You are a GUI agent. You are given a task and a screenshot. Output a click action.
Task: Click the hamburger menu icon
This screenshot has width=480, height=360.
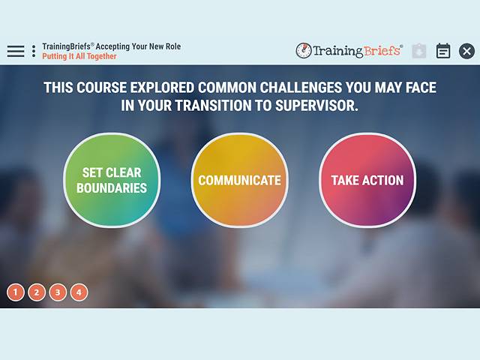(16, 51)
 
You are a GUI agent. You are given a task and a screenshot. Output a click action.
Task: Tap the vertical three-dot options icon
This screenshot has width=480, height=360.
(34, 51)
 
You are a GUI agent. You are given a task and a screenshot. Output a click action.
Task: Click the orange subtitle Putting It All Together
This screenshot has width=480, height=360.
(79, 57)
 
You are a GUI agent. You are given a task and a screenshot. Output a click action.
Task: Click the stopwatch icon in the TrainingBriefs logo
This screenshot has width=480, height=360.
(304, 51)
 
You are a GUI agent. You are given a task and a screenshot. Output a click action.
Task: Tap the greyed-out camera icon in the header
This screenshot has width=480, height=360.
(419, 51)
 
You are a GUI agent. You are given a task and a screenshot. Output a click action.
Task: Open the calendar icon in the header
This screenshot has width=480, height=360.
(443, 51)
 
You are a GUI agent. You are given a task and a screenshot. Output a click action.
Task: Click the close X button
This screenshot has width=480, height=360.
(466, 51)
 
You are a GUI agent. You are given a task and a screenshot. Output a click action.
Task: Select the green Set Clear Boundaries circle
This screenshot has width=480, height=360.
(112, 180)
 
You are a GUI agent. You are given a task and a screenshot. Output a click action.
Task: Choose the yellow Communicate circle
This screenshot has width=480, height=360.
(239, 180)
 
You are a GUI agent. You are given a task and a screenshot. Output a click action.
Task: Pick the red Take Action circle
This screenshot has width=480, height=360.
(367, 180)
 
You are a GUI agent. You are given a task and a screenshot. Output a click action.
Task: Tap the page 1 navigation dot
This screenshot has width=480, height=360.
(16, 292)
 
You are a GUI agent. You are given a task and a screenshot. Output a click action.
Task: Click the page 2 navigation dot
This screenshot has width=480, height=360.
(37, 292)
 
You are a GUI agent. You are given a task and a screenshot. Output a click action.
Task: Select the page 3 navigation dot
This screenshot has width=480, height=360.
(58, 292)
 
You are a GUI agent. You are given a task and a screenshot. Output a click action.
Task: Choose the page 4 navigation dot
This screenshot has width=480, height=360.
(79, 292)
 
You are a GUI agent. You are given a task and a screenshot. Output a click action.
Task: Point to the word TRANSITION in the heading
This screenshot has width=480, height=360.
(210, 106)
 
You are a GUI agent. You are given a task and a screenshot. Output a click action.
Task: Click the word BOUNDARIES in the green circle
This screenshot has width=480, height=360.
(112, 188)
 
